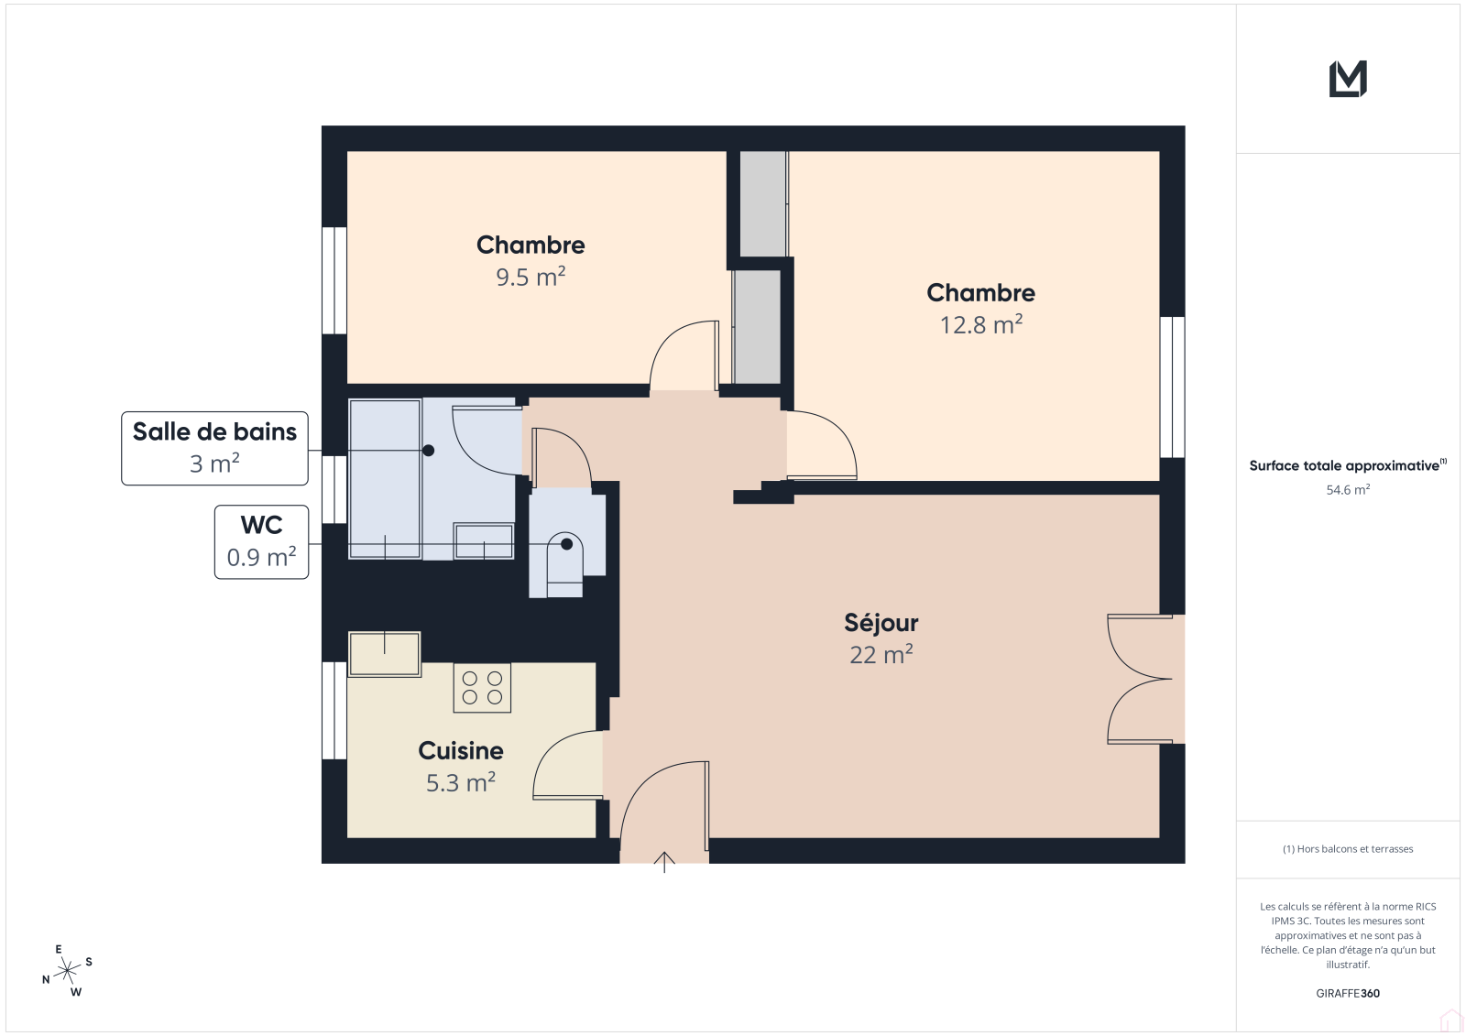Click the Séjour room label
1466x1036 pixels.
coord(881,623)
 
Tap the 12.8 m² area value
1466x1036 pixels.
coord(981,324)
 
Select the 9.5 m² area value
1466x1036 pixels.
coord(531,277)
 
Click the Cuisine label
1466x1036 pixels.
coord(461,750)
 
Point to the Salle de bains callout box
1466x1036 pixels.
coord(214,448)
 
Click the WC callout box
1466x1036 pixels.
coord(261,542)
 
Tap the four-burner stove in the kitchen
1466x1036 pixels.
coord(482,688)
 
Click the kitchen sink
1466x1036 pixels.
coord(384,654)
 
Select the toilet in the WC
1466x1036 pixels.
coord(564,564)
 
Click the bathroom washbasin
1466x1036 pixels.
coord(485,541)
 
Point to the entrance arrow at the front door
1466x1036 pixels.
coord(664,862)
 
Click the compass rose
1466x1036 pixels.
coord(68,971)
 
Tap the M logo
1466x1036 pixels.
coord(1348,79)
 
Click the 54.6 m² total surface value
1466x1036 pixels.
coord(1348,489)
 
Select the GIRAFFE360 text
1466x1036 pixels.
coord(1348,994)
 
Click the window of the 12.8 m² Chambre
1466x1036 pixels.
coord(1172,387)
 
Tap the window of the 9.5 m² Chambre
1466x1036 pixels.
coord(334,281)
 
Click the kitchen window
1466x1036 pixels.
coord(334,711)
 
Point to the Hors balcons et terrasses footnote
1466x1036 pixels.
coord(1348,849)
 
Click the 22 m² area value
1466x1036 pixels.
coord(881,655)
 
